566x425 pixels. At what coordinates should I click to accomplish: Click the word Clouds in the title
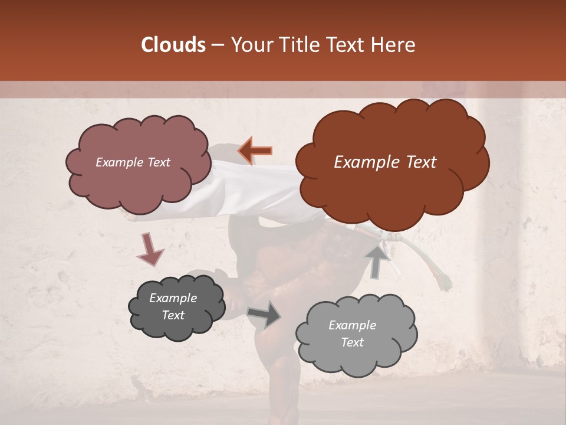pos(173,45)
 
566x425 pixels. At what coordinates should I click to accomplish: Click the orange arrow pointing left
pos(255,151)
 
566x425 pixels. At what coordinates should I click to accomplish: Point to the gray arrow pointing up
pos(378,261)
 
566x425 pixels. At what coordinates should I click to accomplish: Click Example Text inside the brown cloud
pos(385,162)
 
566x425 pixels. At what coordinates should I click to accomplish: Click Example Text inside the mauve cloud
pos(133,162)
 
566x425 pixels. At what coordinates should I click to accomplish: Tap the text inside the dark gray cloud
pos(173,306)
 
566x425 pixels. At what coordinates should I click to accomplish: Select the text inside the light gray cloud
pos(352,334)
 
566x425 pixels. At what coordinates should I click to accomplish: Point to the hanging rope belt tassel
pos(439,269)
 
